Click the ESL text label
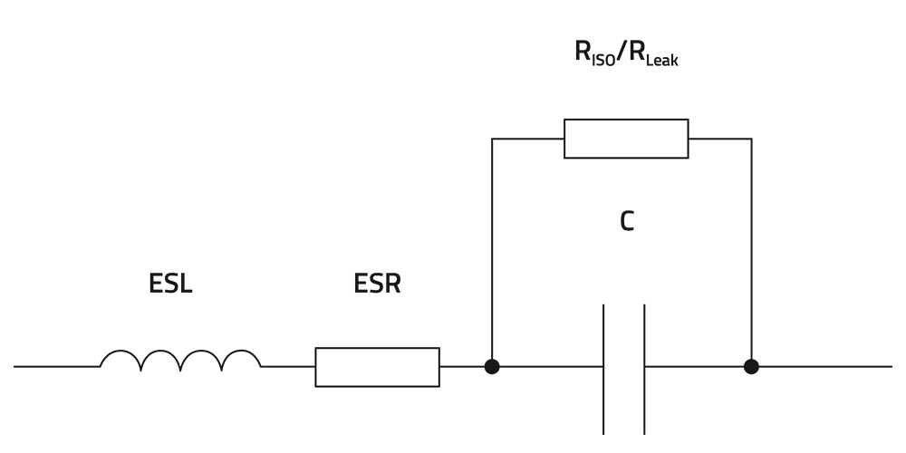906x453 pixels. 170,285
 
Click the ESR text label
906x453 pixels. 377,285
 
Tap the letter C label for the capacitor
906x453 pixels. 626,221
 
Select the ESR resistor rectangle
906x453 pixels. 377,367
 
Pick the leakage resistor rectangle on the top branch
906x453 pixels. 626,139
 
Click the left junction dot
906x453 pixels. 492,367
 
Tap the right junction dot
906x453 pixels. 751,367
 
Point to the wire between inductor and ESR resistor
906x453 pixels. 288,367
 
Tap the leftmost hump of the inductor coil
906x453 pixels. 120,358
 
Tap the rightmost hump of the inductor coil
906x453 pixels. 240,358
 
